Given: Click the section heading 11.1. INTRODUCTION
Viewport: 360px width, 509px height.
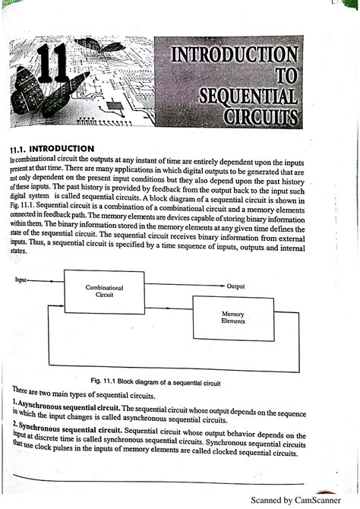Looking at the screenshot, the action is (51, 148).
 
